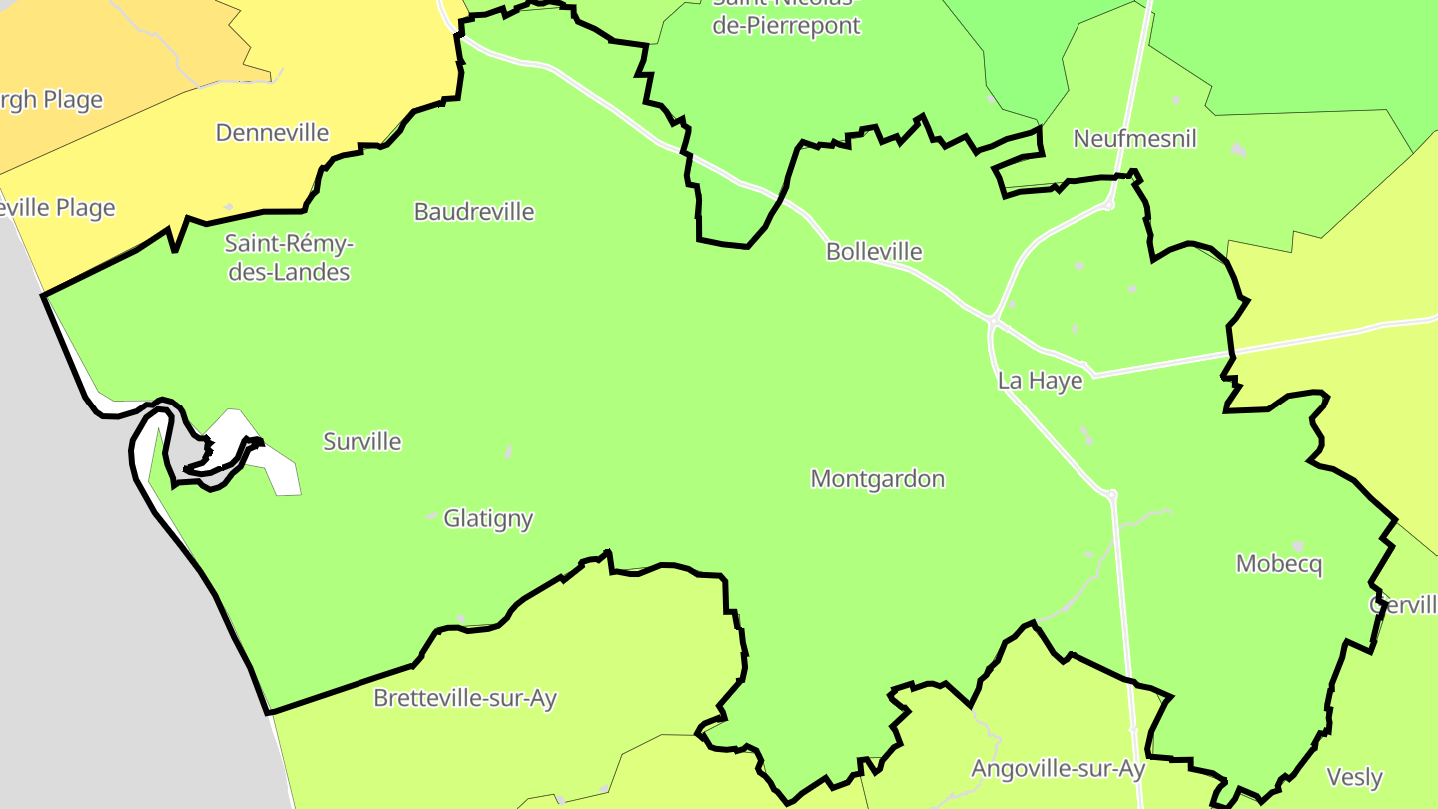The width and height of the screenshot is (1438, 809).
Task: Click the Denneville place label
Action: (272, 132)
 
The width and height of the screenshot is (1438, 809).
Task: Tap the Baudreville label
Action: (474, 212)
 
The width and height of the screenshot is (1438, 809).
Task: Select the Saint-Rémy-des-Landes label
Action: (289, 257)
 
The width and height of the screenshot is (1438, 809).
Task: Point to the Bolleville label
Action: (874, 252)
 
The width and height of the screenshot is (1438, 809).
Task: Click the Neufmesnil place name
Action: (1134, 139)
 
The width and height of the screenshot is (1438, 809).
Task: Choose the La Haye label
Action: (1040, 381)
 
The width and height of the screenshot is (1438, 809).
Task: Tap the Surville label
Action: (362, 441)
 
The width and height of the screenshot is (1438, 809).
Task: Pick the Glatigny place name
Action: (488, 518)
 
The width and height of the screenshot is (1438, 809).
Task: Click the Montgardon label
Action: (878, 479)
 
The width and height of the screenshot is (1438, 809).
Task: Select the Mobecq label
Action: (1279, 564)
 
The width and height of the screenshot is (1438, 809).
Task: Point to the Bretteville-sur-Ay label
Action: (465, 698)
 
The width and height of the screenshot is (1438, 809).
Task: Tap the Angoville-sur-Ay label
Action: (1058, 769)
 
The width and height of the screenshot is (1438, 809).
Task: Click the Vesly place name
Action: (1354, 777)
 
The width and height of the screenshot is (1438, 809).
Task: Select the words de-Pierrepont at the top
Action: (786, 26)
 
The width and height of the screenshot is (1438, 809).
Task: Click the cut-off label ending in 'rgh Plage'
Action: (50, 100)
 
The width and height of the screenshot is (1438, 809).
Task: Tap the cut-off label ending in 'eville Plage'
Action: (57, 208)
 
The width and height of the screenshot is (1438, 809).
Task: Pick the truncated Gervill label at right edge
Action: (1403, 605)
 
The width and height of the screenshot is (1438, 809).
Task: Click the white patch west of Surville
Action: (270, 464)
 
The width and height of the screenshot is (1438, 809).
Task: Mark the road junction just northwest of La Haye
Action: (994, 322)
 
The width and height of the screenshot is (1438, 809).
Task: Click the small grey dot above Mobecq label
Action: (1298, 546)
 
